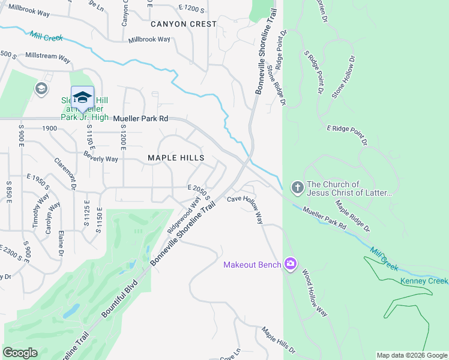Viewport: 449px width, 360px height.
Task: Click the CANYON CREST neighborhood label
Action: [183, 24]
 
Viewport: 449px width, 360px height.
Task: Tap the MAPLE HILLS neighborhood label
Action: [176, 158]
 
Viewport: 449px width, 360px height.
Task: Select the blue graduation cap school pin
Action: [82, 97]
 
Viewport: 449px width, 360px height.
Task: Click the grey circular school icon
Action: [41, 89]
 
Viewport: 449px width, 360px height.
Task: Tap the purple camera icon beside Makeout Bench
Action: [291, 264]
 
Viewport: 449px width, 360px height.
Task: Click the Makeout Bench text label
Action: [252, 265]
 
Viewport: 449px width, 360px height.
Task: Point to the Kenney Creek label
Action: [425, 281]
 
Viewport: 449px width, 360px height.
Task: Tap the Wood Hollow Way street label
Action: [314, 293]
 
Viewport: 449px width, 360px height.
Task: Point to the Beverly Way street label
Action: [101, 159]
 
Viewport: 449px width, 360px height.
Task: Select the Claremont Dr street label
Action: [64, 175]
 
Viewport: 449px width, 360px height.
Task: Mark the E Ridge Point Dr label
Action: [346, 136]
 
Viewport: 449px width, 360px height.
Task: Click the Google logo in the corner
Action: [20, 353]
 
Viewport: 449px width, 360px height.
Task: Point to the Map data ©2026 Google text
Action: [411, 355]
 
